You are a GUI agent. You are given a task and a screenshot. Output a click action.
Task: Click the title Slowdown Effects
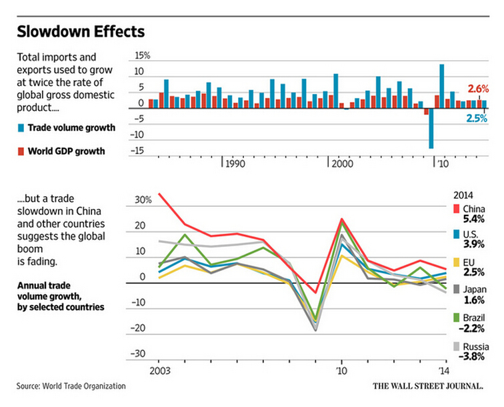pos(81,31)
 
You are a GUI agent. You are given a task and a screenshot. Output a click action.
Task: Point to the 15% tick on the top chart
pos(143,56)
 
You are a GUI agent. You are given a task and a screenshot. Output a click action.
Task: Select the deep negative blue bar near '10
pos(431,127)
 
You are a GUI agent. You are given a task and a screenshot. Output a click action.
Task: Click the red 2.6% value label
pos(479,88)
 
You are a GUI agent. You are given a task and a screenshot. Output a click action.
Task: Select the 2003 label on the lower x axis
pos(158,370)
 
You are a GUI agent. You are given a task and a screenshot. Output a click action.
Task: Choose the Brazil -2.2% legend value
pos(474,328)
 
